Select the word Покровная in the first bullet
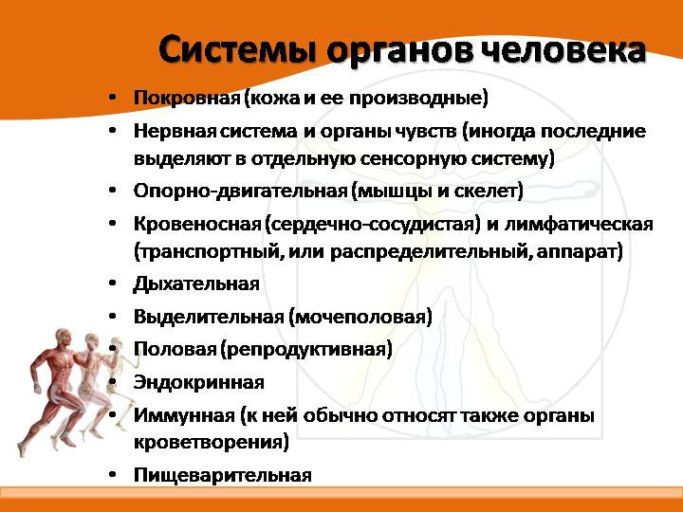click(186, 98)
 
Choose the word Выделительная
click(209, 316)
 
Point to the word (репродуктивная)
click(306, 349)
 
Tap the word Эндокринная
click(199, 381)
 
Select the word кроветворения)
click(211, 441)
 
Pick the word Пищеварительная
click(223, 475)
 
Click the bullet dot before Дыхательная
click(113, 284)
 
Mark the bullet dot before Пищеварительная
click(113, 476)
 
